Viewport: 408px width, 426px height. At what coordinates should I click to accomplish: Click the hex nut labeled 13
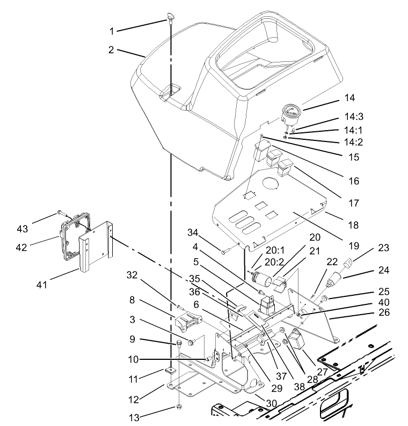tap(178, 407)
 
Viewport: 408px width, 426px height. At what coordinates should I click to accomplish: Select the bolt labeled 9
tap(178, 342)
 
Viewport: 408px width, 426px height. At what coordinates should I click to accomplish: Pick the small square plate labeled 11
tap(171, 370)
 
